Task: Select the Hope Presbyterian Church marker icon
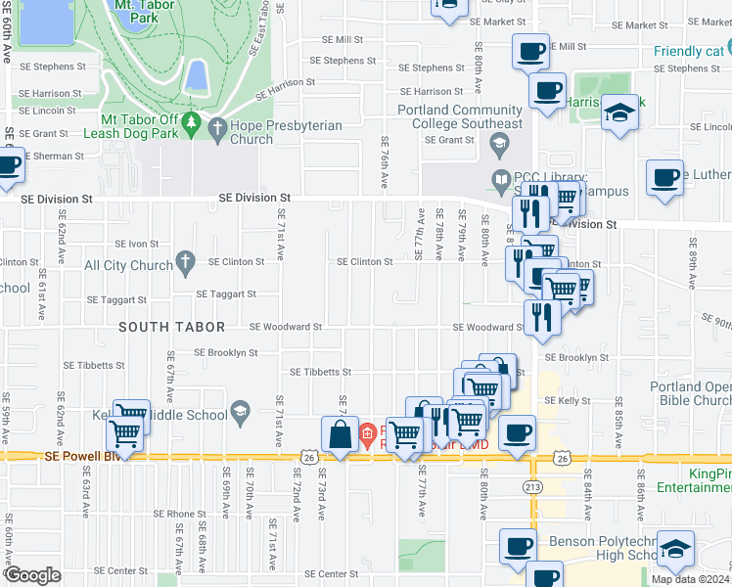click(215, 126)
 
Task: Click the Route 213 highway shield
click(533, 485)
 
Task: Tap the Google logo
click(31, 575)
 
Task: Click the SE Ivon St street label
click(137, 244)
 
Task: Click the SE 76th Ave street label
click(385, 153)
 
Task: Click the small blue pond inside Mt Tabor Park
click(196, 74)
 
